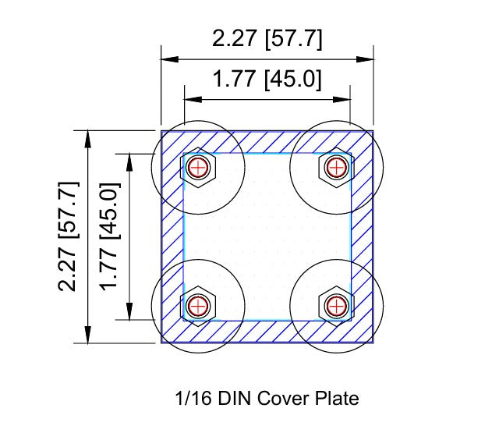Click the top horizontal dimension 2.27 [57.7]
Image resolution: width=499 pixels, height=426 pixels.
pos(267,39)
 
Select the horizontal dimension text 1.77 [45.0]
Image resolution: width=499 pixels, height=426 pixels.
pos(267,80)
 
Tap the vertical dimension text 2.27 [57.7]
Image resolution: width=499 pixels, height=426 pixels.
pos(69,236)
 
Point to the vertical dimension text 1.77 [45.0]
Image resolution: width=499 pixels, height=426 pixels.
pos(109,236)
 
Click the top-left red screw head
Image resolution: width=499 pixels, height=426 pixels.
pos(199,166)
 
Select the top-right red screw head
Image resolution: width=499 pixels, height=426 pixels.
pos(335,166)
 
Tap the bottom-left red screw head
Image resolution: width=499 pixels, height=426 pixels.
pos(199,304)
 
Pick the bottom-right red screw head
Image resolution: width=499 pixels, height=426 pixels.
pos(335,304)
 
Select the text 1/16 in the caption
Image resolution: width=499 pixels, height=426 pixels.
pos(192,399)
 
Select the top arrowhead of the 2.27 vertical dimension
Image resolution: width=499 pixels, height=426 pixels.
pos(88,138)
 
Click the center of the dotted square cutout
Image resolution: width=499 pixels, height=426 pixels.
pos(267,236)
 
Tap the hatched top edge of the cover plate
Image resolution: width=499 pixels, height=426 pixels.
pos(267,141)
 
